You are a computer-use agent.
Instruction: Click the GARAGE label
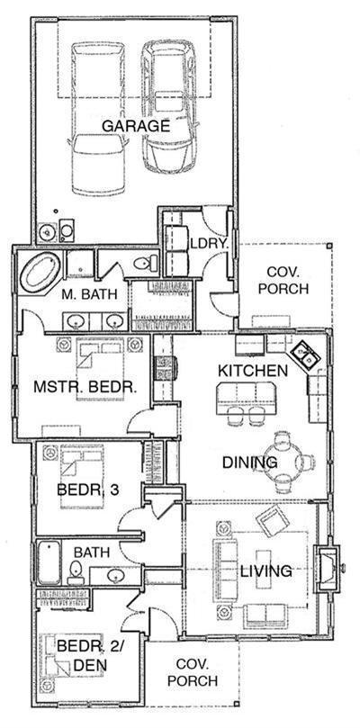(x=135, y=126)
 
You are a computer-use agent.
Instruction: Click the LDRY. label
(x=211, y=244)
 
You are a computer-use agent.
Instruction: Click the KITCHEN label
(x=253, y=371)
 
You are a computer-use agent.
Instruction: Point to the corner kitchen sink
(x=306, y=356)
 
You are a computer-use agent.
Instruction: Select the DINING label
(x=250, y=463)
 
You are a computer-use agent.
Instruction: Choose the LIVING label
(x=266, y=571)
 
